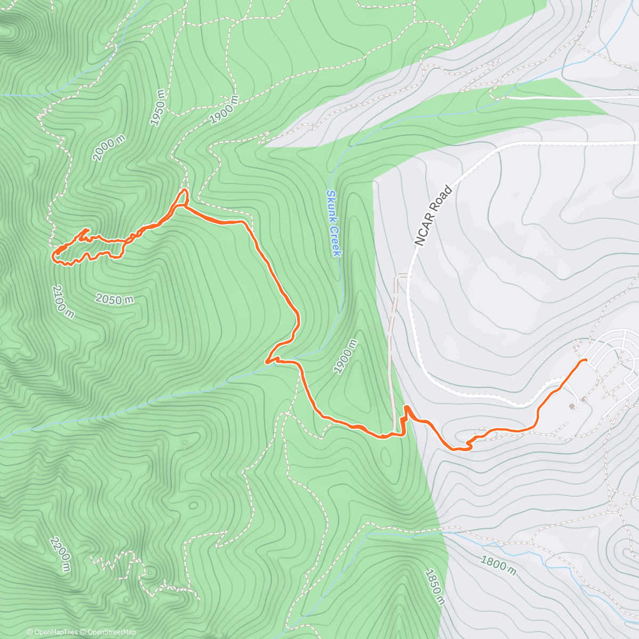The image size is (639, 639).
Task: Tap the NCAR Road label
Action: tap(433, 216)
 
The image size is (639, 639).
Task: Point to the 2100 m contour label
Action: tap(63, 301)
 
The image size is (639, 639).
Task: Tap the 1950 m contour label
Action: tap(158, 108)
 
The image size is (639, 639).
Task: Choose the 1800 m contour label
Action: tap(498, 565)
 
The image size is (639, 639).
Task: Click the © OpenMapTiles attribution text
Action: tap(52, 632)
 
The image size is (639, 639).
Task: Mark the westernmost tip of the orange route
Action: tap(52, 257)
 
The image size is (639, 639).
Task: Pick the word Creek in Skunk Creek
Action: tap(334, 240)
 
